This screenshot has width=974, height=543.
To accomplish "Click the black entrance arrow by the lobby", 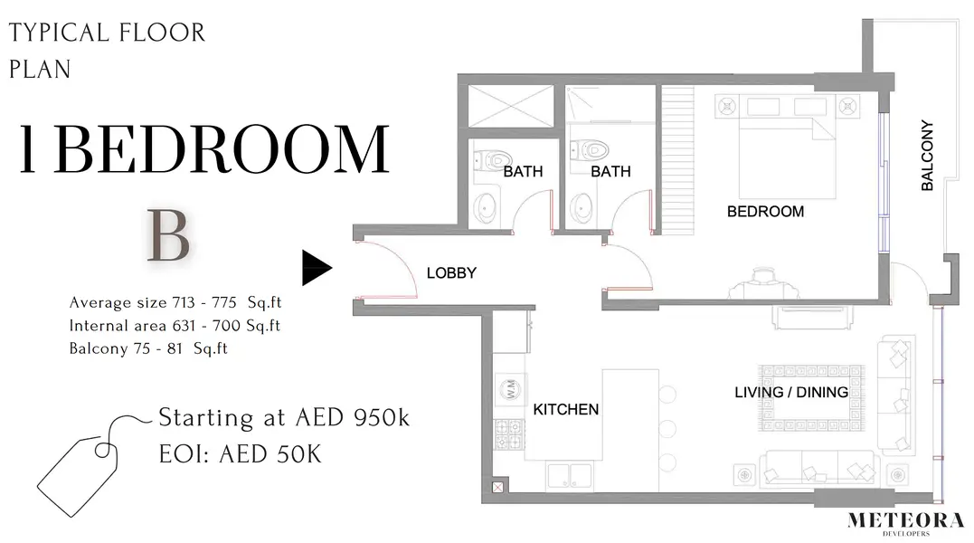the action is (x=316, y=268).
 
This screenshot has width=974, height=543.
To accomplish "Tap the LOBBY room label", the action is (x=451, y=272).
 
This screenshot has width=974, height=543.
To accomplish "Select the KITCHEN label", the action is (x=566, y=409).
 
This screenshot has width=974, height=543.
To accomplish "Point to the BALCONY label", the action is (x=927, y=156).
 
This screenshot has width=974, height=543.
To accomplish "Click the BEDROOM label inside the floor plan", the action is (x=765, y=212).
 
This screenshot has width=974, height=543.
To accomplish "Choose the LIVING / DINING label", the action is (x=790, y=392).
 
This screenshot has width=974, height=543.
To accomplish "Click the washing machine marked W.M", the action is (x=511, y=389).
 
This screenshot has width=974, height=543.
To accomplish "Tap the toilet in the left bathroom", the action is (x=491, y=161).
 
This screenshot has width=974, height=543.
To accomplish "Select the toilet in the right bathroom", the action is (x=589, y=150).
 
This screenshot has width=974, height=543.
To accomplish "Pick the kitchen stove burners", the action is (x=509, y=434).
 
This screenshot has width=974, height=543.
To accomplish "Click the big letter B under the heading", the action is (x=168, y=236).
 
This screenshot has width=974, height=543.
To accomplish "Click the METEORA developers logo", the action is (x=905, y=522).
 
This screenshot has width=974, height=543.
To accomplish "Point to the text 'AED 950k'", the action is (x=352, y=417).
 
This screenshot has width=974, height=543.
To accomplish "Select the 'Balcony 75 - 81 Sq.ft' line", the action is (x=148, y=348).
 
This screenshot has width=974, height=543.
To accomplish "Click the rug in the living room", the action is (x=810, y=398).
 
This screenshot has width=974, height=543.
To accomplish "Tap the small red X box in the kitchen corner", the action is (x=498, y=488).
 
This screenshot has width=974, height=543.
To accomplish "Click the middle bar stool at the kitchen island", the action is (x=667, y=429).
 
